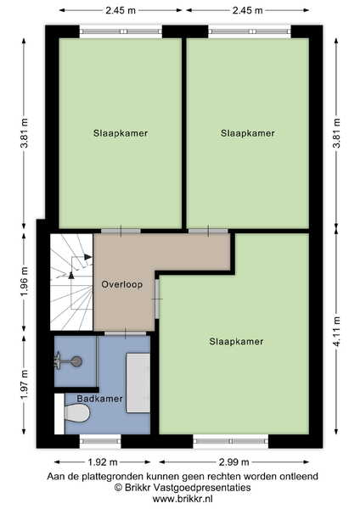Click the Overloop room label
[x=122, y=284]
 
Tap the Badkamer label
[x=99, y=399]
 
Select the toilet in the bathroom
[x=77, y=413]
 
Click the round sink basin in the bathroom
[x=76, y=361]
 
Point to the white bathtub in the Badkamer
[x=138, y=383]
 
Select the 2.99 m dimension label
[x=233, y=462]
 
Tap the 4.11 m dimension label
[x=336, y=332]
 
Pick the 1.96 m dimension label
[x=24, y=282]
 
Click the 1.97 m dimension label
[x=24, y=384]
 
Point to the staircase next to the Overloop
[x=71, y=282]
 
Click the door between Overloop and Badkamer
[x=125, y=333]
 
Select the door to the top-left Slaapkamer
[x=121, y=231]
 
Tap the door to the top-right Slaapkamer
[x=208, y=231]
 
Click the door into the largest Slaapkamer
[x=157, y=299]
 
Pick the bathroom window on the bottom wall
[x=100, y=441]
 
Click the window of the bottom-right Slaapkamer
[x=231, y=441]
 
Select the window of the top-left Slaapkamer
[x=121, y=31]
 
